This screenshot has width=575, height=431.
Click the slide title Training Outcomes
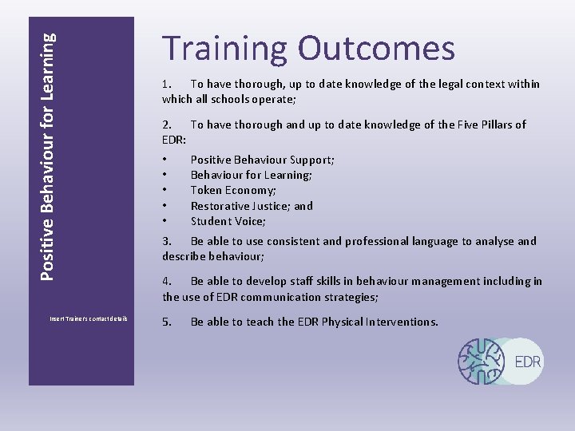(x=308, y=49)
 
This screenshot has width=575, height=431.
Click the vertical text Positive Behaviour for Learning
(x=48, y=156)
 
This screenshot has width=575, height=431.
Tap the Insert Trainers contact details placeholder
(x=89, y=318)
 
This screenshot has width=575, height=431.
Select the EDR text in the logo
(x=528, y=362)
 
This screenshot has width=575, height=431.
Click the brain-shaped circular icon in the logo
(x=482, y=361)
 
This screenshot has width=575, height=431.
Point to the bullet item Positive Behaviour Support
(x=262, y=160)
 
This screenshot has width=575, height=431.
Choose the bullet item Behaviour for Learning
(x=251, y=175)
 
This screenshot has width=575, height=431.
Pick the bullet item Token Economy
(x=233, y=190)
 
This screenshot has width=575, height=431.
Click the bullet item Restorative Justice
(x=252, y=206)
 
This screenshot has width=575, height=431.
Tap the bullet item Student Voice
(x=228, y=221)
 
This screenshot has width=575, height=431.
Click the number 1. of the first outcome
(x=167, y=84)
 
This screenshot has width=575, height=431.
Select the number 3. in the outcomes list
(x=167, y=241)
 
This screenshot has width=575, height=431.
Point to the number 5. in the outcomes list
(x=167, y=322)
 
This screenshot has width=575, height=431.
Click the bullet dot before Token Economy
(x=164, y=190)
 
